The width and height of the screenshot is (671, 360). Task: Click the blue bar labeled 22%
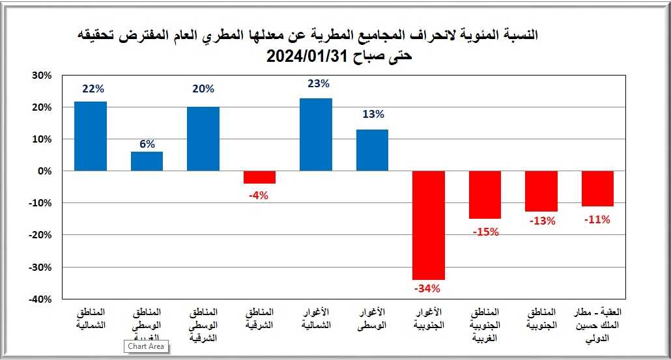tap(91, 136)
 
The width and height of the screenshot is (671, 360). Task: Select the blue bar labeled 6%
tap(147, 161)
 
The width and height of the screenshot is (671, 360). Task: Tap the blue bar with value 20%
tap(203, 139)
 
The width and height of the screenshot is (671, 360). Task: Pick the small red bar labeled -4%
tap(259, 177)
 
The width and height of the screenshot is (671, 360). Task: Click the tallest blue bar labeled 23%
tap(316, 135)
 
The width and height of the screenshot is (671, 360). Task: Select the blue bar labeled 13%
tap(372, 150)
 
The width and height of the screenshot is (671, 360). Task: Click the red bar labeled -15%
tap(485, 195)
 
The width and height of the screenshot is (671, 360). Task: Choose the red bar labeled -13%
tap(541, 191)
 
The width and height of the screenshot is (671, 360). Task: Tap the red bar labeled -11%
tap(597, 188)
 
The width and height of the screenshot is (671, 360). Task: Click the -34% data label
tap(428, 288)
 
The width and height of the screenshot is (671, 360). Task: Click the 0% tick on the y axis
tap(44, 171)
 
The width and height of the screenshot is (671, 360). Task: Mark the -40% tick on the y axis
tap(40, 299)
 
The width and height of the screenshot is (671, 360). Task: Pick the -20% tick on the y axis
tap(40, 235)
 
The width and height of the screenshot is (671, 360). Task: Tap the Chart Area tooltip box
tap(147, 347)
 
